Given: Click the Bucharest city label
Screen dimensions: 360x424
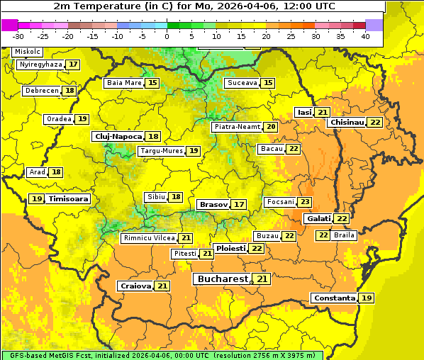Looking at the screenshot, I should [x=222, y=279].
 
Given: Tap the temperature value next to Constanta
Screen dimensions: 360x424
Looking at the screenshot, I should [x=367, y=298].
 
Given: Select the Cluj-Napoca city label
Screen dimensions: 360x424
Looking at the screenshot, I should [x=117, y=136].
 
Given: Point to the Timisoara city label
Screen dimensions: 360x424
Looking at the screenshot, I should [x=69, y=199].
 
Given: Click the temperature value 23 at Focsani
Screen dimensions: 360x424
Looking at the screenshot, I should [x=305, y=202].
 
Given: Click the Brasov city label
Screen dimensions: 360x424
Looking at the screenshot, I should [x=213, y=204].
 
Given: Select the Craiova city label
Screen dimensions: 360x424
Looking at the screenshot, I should [x=135, y=286].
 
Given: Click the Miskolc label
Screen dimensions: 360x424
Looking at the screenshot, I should [x=28, y=52].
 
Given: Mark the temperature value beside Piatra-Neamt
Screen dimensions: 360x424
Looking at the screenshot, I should [x=271, y=127].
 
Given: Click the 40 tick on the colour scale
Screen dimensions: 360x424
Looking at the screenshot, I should [x=365, y=35].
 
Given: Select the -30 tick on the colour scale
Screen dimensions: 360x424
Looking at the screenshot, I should [x=18, y=35].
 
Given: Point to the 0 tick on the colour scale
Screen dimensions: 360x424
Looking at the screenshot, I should [x=167, y=35].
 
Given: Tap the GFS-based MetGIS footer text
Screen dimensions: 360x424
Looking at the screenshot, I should [x=50, y=355].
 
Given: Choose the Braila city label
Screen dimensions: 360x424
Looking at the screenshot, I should [x=344, y=235].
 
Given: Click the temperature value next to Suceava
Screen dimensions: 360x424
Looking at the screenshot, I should [x=268, y=83].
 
